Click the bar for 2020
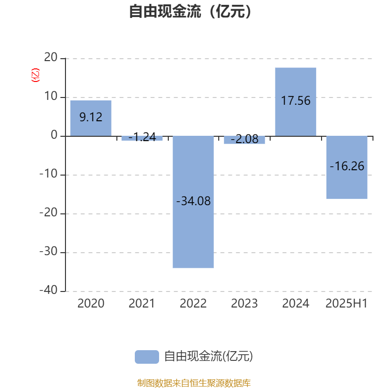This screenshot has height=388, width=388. click(x=91, y=118)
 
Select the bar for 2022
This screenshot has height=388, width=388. click(x=193, y=202)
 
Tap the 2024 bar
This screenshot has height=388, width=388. click(x=296, y=102)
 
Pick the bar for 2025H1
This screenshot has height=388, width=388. click(x=347, y=167)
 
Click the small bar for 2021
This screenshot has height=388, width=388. click(x=142, y=138)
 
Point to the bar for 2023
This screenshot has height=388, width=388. click(x=244, y=140)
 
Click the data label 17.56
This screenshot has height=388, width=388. click(x=296, y=101)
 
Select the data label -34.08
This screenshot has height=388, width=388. click(x=193, y=201)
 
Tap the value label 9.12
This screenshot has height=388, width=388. click(x=91, y=117)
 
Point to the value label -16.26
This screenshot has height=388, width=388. click(x=347, y=166)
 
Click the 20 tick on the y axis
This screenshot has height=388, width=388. click(x=51, y=57)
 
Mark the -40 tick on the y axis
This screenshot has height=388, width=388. click(x=48, y=290)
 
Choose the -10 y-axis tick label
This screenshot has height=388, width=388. click(x=48, y=174)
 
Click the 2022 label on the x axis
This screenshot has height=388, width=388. click(x=193, y=304)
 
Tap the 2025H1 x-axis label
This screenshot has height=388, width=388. click(x=347, y=304)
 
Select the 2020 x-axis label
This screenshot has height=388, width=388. click(x=91, y=304)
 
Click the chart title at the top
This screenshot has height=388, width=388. click(x=190, y=11)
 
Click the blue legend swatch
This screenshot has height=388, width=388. click(x=147, y=357)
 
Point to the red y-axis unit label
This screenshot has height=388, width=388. click(x=35, y=75)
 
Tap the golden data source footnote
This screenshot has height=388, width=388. click(x=194, y=383)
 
